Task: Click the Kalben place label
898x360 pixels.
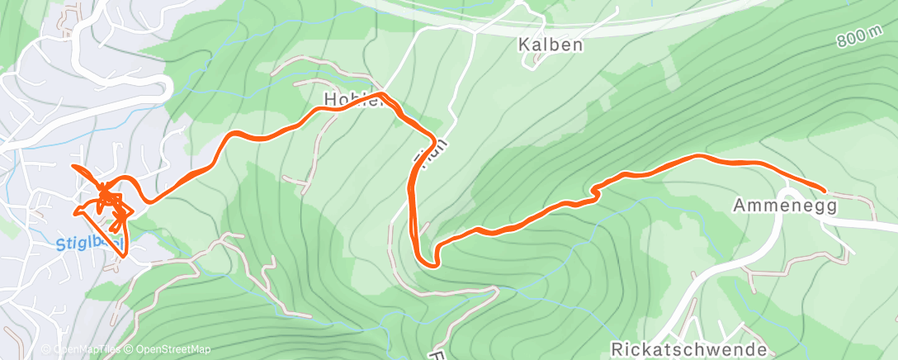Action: coord(551,44)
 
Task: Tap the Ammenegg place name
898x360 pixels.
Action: coord(785,206)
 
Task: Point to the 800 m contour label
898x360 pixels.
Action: coord(858,36)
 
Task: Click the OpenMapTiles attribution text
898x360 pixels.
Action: coord(83,349)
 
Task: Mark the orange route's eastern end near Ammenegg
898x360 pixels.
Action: coord(823,190)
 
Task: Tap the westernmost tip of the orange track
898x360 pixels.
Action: coord(73,167)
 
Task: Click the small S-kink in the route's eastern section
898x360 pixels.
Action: coord(594,192)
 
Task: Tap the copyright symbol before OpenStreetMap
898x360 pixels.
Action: coord(130,349)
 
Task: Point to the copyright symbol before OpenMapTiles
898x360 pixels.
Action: coord(46,349)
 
